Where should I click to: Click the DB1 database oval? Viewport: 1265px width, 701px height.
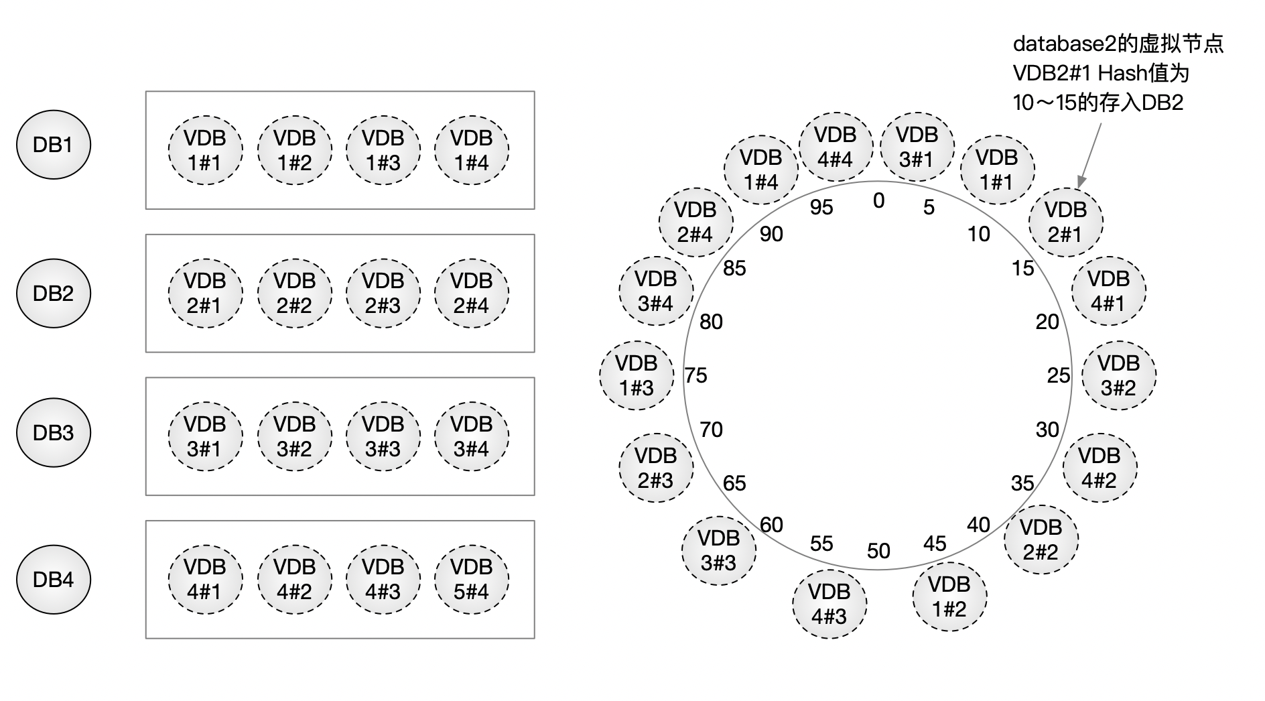click(53, 145)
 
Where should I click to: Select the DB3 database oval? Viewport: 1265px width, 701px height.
click(53, 433)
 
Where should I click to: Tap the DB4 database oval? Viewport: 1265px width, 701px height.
click(53, 579)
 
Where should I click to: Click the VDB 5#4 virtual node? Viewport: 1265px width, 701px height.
click(471, 579)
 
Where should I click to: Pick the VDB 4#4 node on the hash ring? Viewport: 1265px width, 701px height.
click(835, 147)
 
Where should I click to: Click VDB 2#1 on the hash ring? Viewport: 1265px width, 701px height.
click(1065, 222)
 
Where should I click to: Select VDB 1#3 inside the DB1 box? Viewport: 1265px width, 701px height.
click(383, 150)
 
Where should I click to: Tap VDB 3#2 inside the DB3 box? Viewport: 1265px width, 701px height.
click(294, 436)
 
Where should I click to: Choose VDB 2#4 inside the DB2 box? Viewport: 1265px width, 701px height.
click(471, 293)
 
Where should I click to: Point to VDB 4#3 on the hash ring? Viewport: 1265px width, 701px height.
click(829, 604)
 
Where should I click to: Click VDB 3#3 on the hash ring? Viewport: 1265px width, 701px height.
click(718, 550)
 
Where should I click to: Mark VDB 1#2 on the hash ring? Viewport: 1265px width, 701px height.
click(949, 596)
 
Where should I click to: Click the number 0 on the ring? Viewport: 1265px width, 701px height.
click(878, 200)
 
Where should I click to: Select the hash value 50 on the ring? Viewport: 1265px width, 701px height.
click(878, 551)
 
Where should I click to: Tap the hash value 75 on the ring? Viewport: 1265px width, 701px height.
click(696, 375)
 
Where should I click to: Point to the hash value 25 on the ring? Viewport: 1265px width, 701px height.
click(1058, 375)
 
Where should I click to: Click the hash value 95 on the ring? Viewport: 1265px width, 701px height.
click(821, 208)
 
